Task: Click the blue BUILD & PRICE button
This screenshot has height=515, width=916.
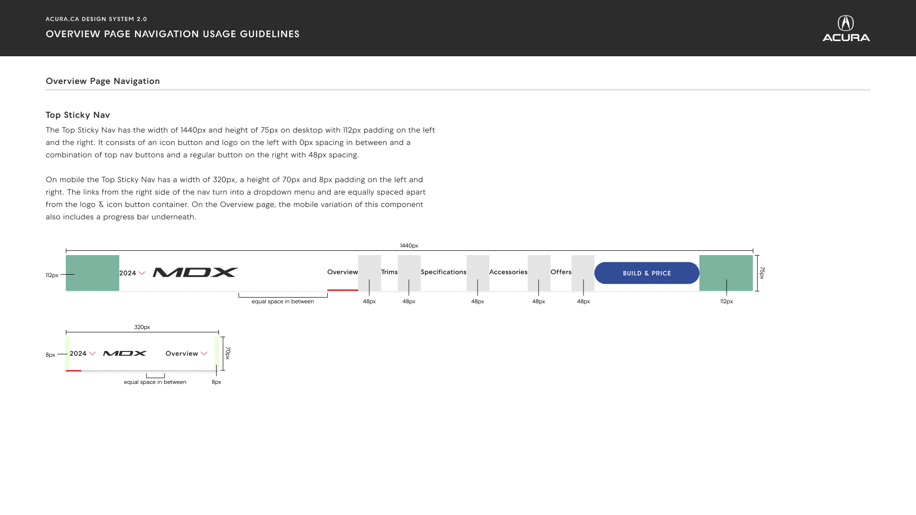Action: coord(647,273)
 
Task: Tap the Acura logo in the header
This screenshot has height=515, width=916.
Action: coord(846,28)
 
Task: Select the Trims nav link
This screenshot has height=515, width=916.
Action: coord(389,272)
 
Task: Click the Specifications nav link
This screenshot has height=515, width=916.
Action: coord(444,272)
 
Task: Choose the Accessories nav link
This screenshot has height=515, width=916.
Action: coord(509,272)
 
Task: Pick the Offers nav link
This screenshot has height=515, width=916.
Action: coord(561,272)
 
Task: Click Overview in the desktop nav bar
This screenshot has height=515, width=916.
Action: coord(343,272)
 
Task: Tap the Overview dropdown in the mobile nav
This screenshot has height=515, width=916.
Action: coord(186,353)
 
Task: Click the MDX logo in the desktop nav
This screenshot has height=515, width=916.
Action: coord(196,272)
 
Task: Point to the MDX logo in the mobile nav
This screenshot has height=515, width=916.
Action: coord(125,353)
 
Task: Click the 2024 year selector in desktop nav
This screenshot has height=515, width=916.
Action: coord(132,273)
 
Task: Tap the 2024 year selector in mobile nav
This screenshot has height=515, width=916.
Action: coord(83,353)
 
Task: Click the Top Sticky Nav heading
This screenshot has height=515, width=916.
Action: coord(78,115)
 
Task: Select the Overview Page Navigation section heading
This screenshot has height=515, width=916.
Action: coord(103,81)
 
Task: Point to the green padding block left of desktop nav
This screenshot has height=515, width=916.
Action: coord(93,273)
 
